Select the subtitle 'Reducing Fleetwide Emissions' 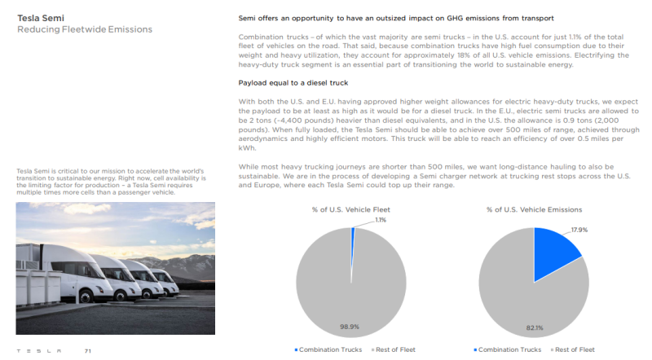pyautogui.click(x=85, y=29)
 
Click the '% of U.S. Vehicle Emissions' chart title pyautogui.click(x=534, y=209)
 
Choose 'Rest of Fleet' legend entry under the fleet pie pyautogui.click(x=394, y=349)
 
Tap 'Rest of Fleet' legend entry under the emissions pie pyautogui.click(x=575, y=349)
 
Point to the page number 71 pyautogui.click(x=87, y=351)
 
